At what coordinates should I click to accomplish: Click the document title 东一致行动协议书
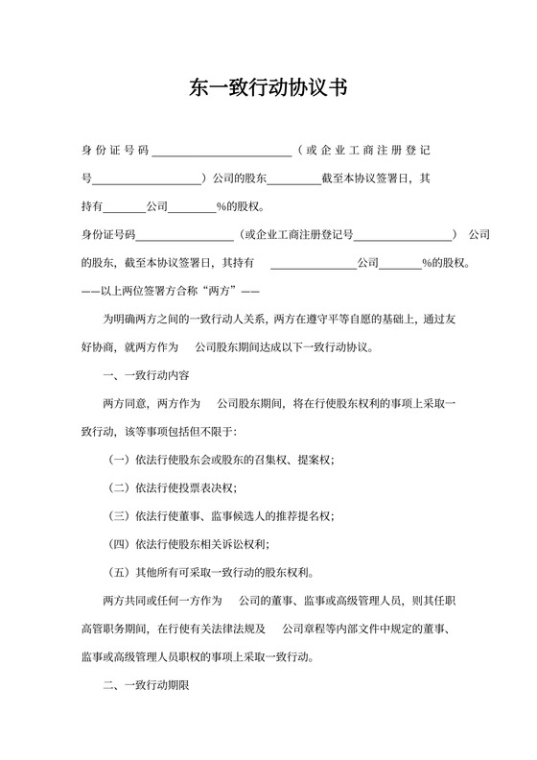268,87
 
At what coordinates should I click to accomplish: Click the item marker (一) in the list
121,461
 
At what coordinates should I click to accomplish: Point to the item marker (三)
121,516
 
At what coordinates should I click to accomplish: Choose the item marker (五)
121,572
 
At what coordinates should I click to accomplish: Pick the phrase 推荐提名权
306,516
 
